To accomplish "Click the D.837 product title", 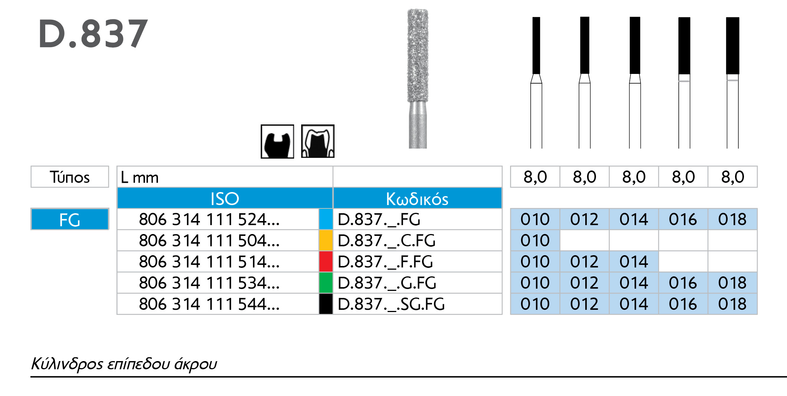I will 93,34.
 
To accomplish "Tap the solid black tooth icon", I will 277,142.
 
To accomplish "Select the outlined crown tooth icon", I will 317,142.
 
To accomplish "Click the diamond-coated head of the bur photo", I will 418,56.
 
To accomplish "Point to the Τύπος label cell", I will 70,177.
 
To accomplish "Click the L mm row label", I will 140,177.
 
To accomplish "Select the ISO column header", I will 224,198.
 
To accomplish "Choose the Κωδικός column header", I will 417,198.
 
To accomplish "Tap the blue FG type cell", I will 70,219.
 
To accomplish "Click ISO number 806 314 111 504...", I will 209,241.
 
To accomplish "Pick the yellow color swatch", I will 326,240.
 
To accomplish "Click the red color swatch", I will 326,262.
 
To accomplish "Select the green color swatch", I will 326,283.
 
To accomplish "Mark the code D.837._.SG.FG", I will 391,304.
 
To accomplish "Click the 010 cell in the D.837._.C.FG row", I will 535,241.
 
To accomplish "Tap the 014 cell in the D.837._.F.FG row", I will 633,262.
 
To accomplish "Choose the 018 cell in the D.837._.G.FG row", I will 732,283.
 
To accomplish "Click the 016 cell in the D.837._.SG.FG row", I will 683,304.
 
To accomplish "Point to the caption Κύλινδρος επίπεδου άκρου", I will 124,364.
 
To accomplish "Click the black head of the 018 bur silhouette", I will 732,45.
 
